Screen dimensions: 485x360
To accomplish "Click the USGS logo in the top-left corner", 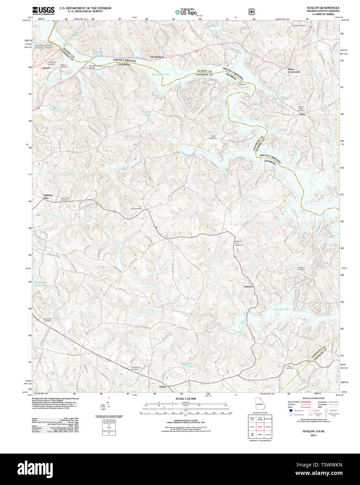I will (x=43, y=11).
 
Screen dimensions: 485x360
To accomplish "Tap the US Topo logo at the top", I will (x=186, y=12).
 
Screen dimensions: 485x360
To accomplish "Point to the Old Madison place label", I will (x=157, y=57).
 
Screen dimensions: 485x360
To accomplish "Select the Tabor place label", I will (x=302, y=114).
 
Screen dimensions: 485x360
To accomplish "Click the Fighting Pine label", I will (x=48, y=196).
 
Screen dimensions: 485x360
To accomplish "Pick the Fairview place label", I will (x=248, y=286).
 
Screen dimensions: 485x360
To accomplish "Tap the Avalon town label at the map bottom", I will (x=163, y=387).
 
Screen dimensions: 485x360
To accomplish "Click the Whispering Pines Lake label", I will (x=41, y=284).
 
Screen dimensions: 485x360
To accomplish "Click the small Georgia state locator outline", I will (x=259, y=403).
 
